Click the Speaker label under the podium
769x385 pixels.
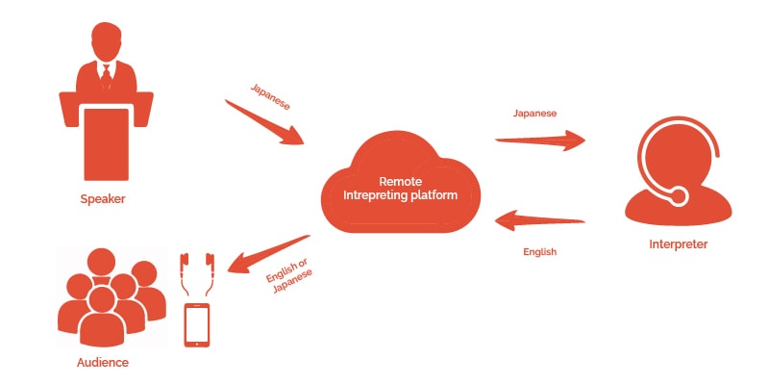pos(103,199)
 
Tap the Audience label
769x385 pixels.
pos(102,363)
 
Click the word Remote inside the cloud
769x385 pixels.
pos(400,181)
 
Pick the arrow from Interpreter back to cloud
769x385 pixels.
pos(539,223)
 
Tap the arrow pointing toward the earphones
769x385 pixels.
pos(269,250)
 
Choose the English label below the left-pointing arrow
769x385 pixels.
pos(539,251)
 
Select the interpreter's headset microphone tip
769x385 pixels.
pos(679,196)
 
